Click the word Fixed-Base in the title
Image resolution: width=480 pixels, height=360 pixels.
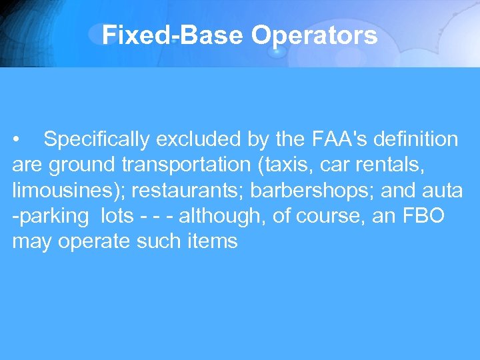pyautogui.click(x=173, y=35)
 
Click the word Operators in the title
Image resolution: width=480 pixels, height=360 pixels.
pyautogui.click(x=314, y=35)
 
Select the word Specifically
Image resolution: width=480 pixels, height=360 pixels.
pyautogui.click(x=97, y=139)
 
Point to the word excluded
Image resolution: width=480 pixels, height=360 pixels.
pyautogui.click(x=199, y=139)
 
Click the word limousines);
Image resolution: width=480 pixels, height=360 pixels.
pyautogui.click(x=69, y=190)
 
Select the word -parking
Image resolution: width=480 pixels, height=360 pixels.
pyautogui.click(x=50, y=215)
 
